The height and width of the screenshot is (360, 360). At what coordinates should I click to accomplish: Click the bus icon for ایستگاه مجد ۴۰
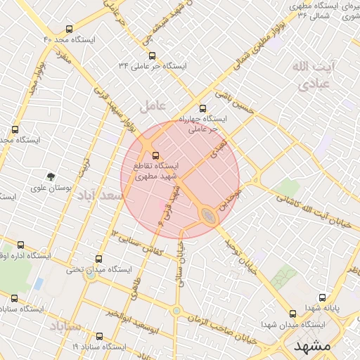pos(68,30)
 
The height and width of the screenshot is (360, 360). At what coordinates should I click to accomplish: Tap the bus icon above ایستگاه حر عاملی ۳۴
pos(152,56)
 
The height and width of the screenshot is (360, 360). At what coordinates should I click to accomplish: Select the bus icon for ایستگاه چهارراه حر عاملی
pos(203,109)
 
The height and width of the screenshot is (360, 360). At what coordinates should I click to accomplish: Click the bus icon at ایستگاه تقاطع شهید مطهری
pos(155,156)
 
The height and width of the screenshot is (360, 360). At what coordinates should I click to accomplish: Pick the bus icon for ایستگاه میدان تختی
pos(98,259)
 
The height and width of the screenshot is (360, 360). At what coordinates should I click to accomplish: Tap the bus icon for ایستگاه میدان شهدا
pos(292,314)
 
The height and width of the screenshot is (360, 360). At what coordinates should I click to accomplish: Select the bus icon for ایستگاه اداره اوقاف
pos(20,245)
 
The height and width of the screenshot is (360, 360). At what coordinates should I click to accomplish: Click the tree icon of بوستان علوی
pos(50,177)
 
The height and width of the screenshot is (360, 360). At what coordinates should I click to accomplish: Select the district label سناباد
pos(66,326)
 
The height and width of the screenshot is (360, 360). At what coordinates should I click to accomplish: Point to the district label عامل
pos(153,105)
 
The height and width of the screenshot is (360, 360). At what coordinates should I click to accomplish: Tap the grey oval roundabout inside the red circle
pos(209,215)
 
